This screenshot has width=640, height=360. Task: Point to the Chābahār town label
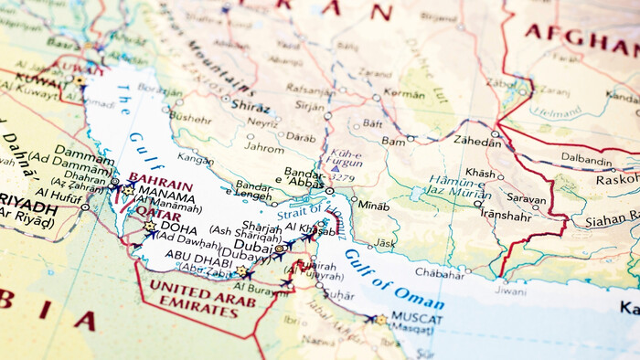click(440, 272)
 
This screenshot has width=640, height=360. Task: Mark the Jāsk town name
click(385, 243)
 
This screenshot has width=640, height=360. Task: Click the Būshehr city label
click(190, 118)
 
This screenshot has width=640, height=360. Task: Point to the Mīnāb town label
click(374, 206)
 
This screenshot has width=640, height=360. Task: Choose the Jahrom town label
click(265, 147)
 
